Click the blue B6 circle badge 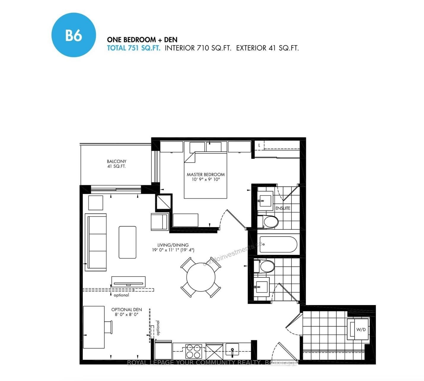click(x=74, y=35)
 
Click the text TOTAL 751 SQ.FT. click(x=133, y=48)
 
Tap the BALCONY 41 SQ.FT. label click(x=117, y=164)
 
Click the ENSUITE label click(x=283, y=208)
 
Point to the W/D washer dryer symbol click(x=360, y=329)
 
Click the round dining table click(x=201, y=277)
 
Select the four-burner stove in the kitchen click(x=193, y=351)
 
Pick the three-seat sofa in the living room click(x=96, y=242)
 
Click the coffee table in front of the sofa click(x=127, y=242)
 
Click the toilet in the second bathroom click(x=267, y=266)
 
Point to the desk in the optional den click(x=94, y=327)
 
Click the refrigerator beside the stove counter click(x=163, y=350)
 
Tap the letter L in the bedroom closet click(x=259, y=145)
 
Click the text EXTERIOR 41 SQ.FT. click(x=267, y=48)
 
